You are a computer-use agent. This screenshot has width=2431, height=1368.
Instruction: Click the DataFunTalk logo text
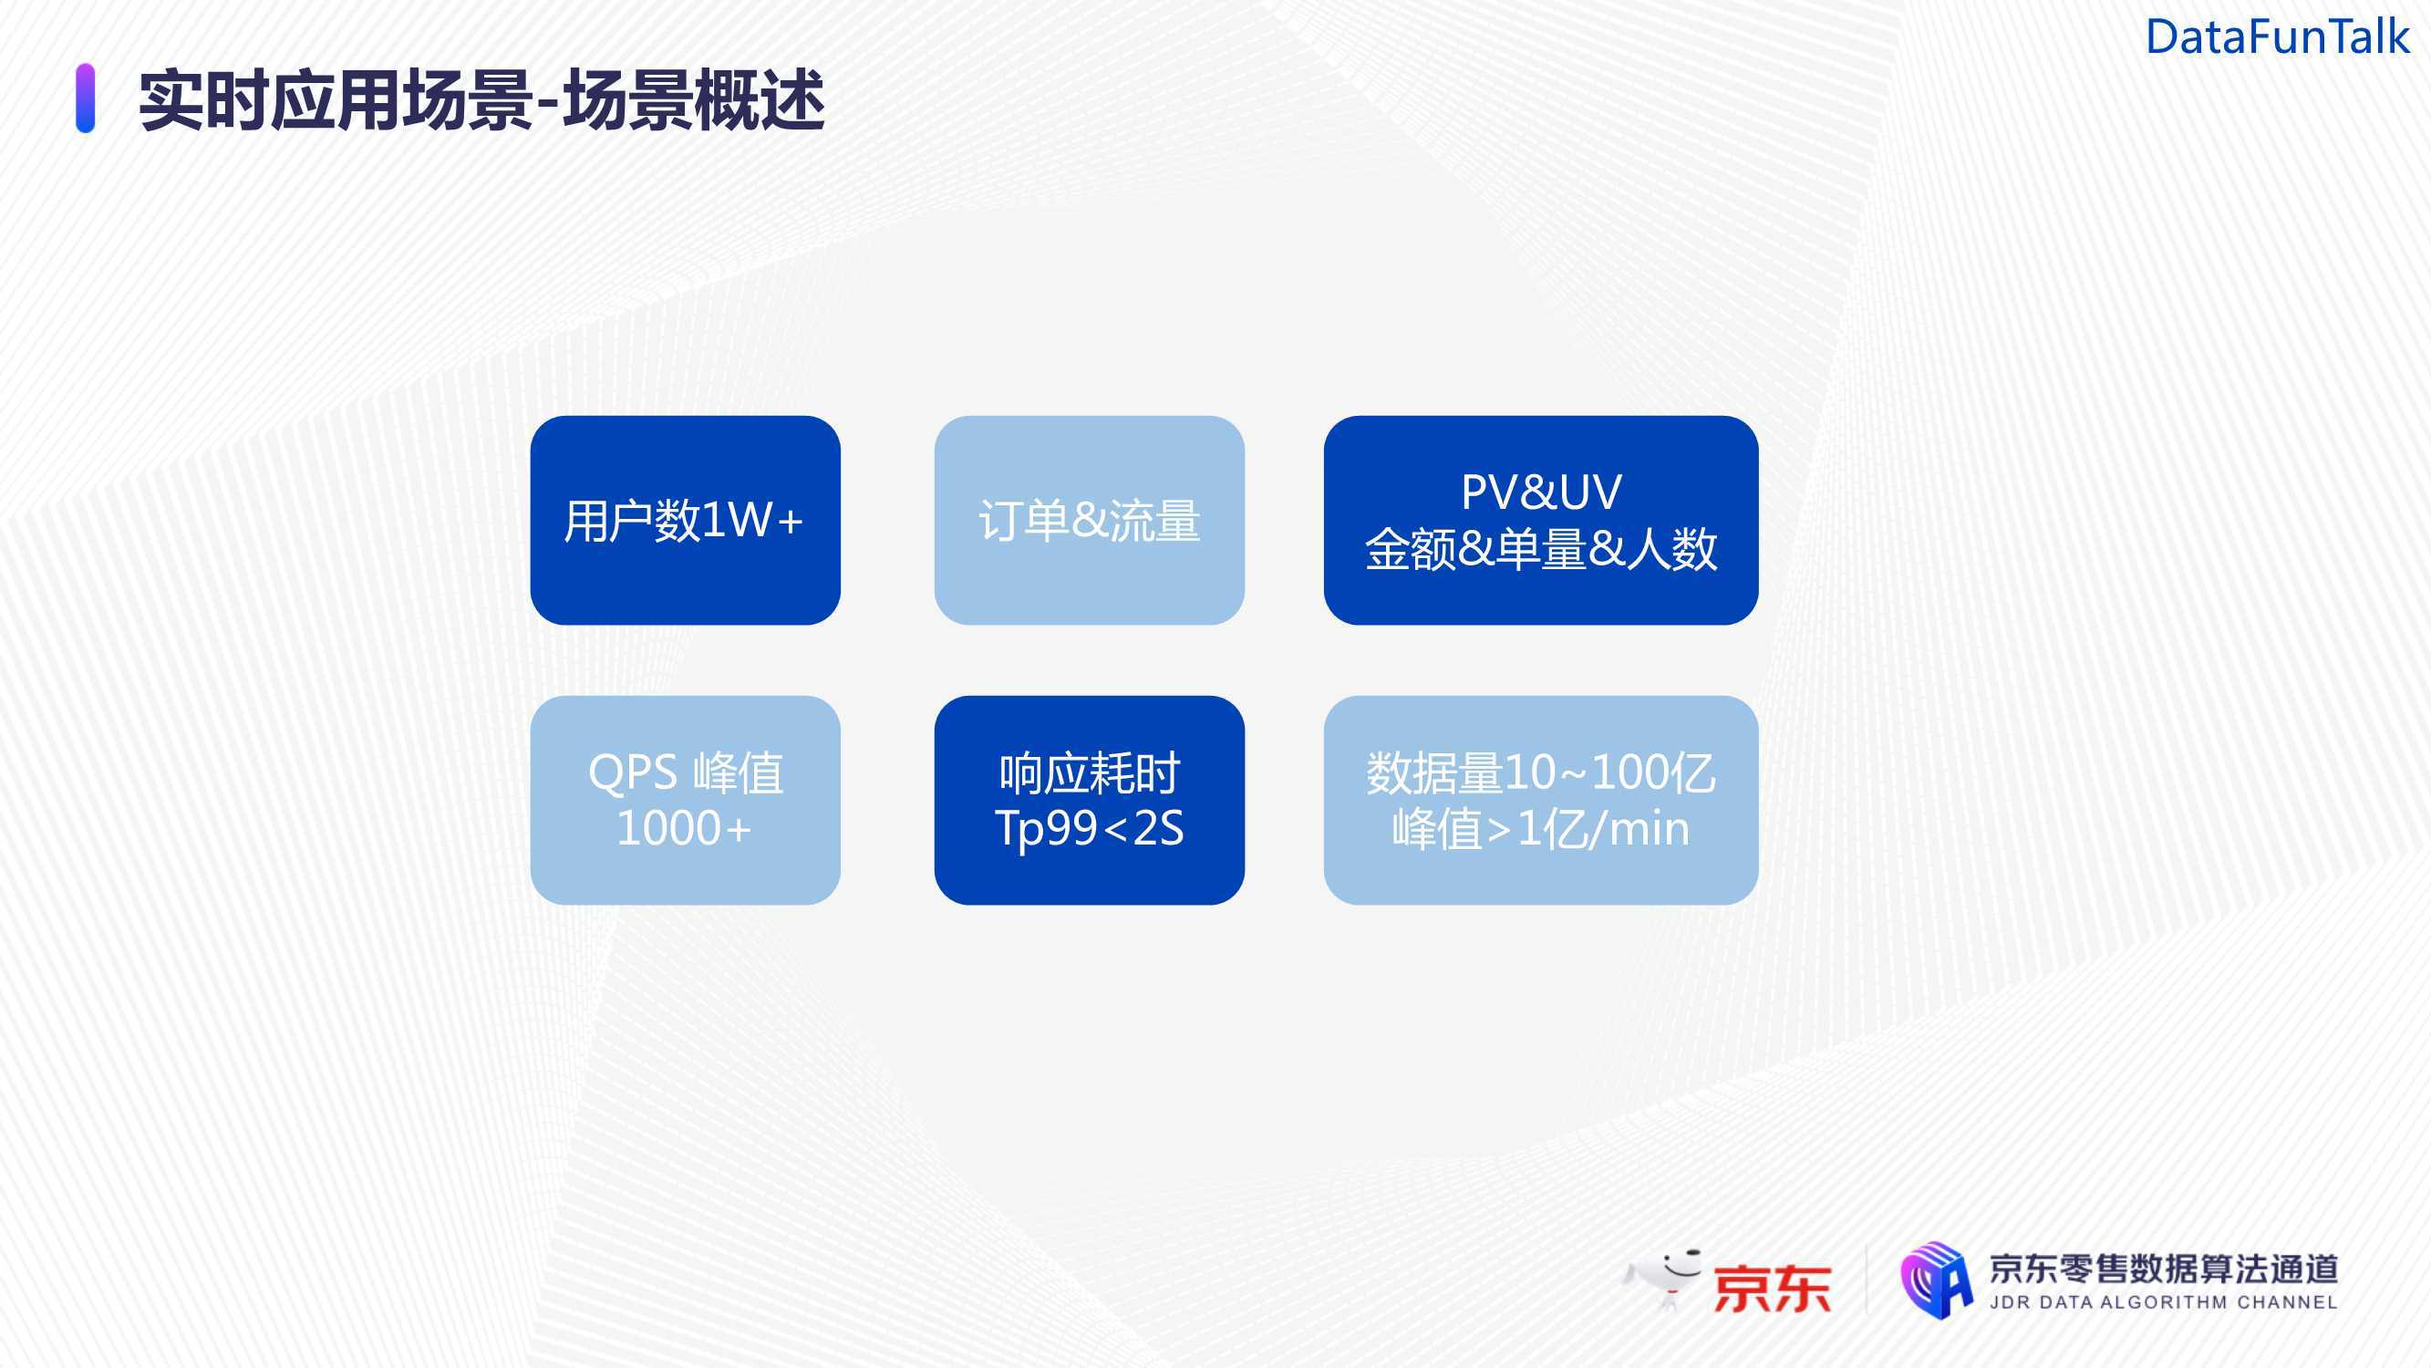(2277, 37)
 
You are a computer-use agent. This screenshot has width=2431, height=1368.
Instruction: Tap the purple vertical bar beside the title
(85, 98)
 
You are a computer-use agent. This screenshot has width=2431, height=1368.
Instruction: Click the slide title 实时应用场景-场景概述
(482, 100)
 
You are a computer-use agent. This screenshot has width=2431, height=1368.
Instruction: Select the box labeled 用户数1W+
(685, 520)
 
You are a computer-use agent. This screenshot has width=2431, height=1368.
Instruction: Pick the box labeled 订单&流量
(1089, 520)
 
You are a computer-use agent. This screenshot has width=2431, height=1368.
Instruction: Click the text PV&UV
(1541, 492)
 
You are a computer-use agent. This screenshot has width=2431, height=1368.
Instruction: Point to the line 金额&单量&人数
(1541, 548)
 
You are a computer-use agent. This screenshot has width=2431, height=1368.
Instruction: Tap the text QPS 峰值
(685, 772)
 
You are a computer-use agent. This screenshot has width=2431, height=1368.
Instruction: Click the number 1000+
(684, 828)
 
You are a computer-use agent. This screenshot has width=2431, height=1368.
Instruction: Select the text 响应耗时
(1090, 773)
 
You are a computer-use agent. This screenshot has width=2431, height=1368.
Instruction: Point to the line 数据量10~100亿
(1541, 772)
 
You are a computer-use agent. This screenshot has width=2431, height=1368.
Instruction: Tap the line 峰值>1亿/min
(1541, 829)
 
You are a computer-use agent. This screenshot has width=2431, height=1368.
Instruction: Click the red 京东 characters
(1773, 1289)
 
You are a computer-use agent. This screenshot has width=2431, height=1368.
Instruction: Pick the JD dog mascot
(1662, 1279)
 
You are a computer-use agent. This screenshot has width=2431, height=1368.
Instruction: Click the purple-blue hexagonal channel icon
(1937, 1280)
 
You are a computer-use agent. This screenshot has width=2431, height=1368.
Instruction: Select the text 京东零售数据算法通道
(2164, 1269)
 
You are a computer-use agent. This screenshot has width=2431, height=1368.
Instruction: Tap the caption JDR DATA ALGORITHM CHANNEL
(2164, 1303)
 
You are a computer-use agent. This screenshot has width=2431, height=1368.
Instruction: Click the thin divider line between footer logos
(1866, 1280)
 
